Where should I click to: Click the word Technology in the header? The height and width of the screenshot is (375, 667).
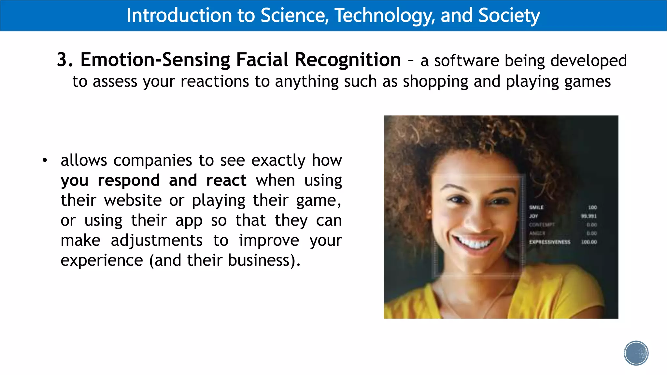tap(384, 15)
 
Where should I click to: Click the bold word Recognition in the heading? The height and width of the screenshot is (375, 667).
tap(348, 60)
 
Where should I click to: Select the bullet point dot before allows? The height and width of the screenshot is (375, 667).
tap(45, 160)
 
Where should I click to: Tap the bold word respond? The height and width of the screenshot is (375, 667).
tap(129, 180)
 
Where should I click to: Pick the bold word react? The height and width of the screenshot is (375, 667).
tap(226, 180)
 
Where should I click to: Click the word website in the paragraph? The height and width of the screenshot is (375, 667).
tap(133, 200)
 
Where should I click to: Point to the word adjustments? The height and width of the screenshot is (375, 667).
tap(156, 241)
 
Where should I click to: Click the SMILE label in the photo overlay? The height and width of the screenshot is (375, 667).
tap(536, 207)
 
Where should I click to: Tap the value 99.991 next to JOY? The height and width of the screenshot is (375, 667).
tap(589, 216)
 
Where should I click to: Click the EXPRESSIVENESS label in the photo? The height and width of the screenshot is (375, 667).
tap(549, 242)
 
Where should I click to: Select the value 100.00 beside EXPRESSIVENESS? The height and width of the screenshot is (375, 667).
tap(589, 242)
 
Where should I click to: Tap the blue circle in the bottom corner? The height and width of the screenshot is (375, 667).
tap(636, 353)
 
